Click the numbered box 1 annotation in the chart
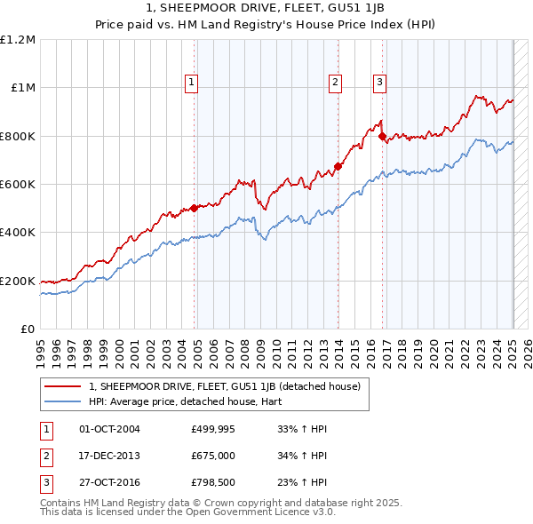pos(191,83)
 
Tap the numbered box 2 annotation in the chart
pos(335,83)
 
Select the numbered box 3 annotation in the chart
pos(379,83)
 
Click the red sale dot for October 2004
pos(195,209)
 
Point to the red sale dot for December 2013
pos(338,166)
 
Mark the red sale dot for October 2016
pos(383,137)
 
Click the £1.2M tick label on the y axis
pos(18,40)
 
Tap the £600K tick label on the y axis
pos(18,185)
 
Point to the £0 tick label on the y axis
pos(27,329)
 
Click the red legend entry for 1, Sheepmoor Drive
pos(224,386)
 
